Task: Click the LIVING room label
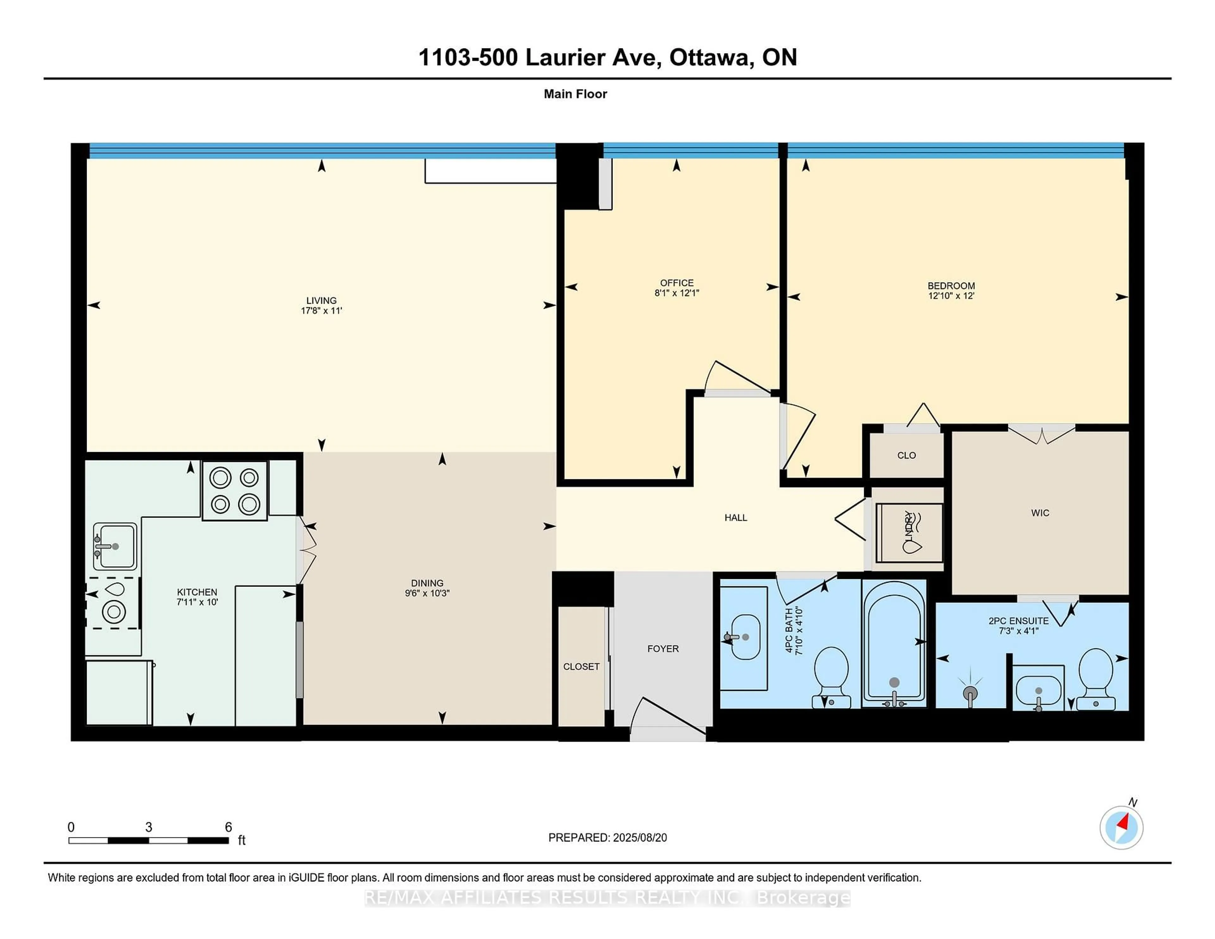[x=321, y=300]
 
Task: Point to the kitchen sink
[x=115, y=546]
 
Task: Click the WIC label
[x=1040, y=513]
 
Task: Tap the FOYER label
[x=663, y=649]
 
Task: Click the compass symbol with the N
[x=1121, y=828]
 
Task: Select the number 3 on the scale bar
[x=148, y=827]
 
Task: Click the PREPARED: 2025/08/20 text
[x=607, y=838]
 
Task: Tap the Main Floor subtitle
[x=575, y=94]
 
